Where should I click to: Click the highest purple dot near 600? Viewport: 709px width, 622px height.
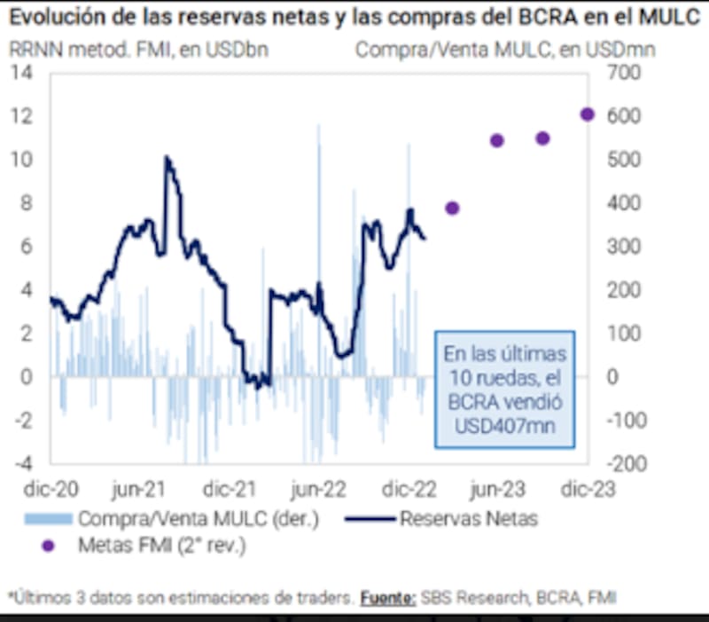pyautogui.click(x=587, y=114)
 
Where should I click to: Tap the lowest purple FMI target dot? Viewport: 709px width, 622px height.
pyautogui.click(x=452, y=208)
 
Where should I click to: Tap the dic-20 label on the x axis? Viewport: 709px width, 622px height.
pyautogui.click(x=47, y=489)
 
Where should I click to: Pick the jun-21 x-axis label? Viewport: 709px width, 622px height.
pyautogui.click(x=138, y=489)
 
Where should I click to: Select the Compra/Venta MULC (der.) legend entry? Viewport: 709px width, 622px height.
pyautogui.click(x=198, y=518)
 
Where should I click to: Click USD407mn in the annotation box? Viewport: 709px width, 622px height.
pyautogui.click(x=504, y=427)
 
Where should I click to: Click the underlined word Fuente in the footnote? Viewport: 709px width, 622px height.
pyautogui.click(x=387, y=599)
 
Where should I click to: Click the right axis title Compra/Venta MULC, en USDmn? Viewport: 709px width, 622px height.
pyautogui.click(x=505, y=49)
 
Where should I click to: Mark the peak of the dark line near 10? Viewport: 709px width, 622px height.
pyautogui.click(x=167, y=158)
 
